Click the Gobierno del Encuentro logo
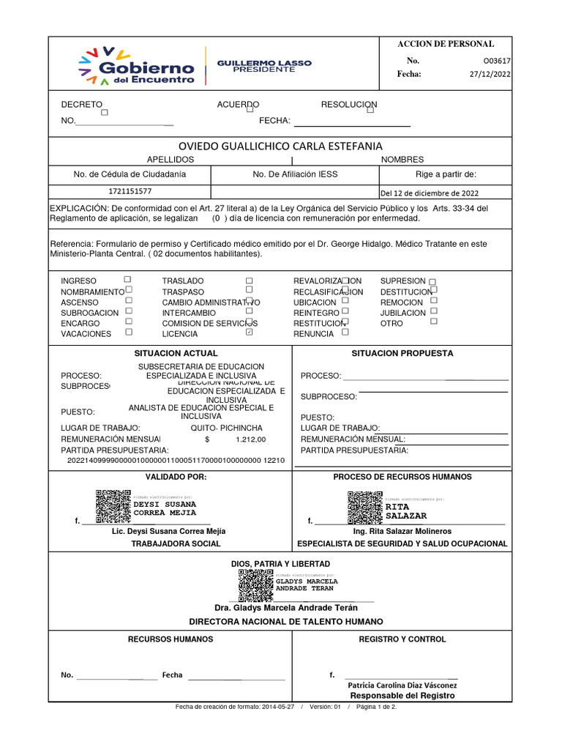136,65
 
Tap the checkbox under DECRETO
104,113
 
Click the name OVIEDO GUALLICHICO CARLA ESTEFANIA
281,146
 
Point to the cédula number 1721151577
130,192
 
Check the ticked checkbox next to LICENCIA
250,333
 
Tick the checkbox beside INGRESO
127,280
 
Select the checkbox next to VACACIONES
129,332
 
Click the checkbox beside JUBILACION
434,311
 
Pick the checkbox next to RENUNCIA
345,332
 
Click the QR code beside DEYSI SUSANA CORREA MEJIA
113,505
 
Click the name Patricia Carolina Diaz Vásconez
402,685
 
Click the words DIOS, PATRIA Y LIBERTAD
281,563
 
